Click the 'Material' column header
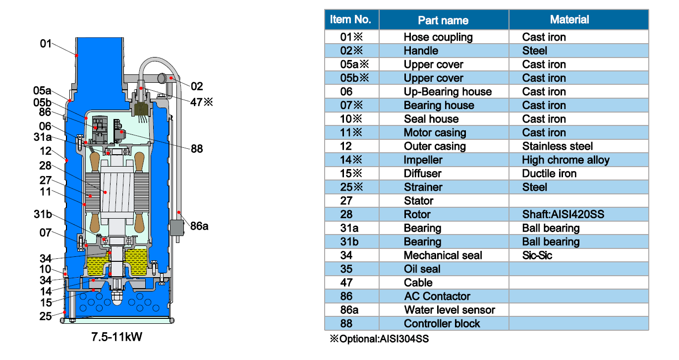[569, 20]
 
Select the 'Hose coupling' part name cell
[438, 37]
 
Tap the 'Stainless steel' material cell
[557, 146]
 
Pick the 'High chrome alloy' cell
[566, 160]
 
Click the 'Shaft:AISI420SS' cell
[563, 214]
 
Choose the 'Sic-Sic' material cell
[537, 255]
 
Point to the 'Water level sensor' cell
[449, 310]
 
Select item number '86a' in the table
[349, 310]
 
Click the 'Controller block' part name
[442, 324]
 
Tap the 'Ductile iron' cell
[549, 174]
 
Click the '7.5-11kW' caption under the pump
[116, 337]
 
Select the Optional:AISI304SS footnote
[379, 339]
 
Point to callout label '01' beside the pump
[46, 44]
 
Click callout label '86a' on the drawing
[199, 226]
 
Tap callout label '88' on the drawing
[197, 149]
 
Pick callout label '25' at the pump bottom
[46, 316]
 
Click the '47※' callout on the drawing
[202, 102]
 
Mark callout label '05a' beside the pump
[42, 91]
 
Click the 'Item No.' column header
[350, 19]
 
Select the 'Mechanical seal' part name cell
[443, 255]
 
